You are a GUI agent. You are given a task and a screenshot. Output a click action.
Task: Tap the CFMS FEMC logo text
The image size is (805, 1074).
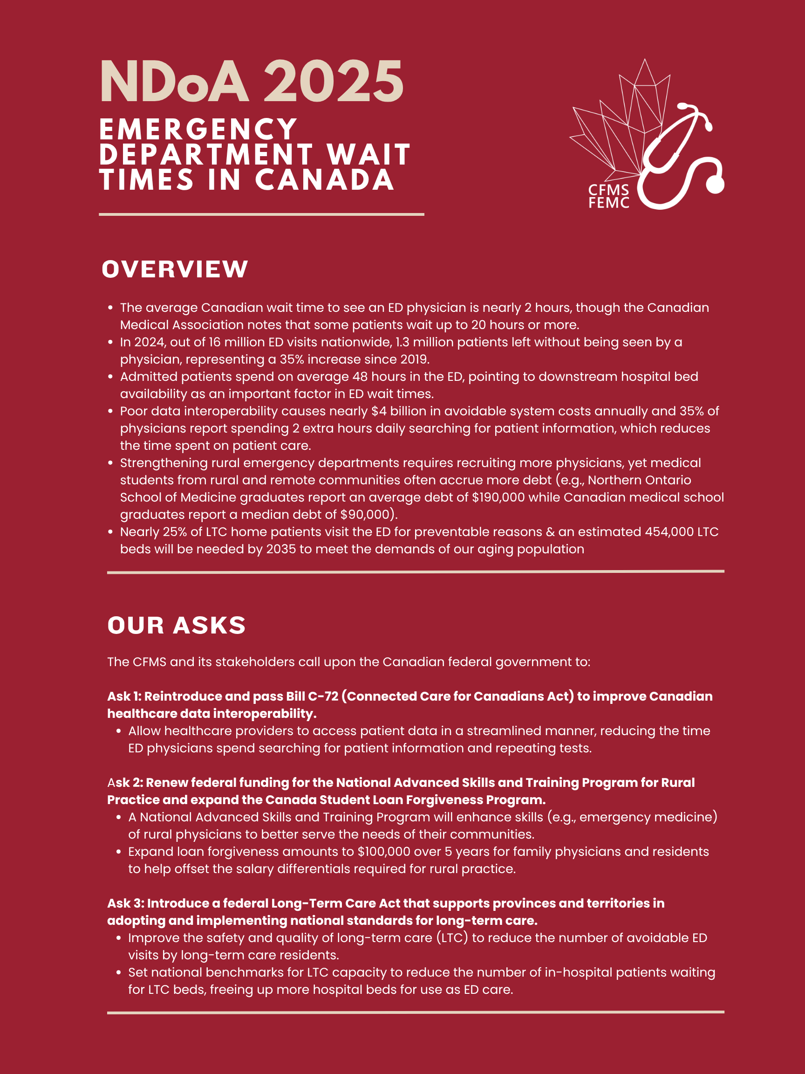coord(608,196)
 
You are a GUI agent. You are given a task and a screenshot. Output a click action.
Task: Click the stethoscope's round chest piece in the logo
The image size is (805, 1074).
coord(714,185)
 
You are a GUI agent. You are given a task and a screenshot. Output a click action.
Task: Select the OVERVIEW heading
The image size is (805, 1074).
coord(175,269)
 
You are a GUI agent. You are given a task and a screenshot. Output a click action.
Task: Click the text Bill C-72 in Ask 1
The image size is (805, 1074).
coord(312,696)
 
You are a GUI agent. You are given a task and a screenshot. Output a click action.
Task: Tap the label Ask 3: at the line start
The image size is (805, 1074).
coord(126,903)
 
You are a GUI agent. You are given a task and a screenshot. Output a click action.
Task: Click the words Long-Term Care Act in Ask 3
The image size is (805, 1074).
coord(336,903)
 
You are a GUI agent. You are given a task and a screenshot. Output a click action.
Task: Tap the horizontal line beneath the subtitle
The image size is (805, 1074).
coord(261,214)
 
